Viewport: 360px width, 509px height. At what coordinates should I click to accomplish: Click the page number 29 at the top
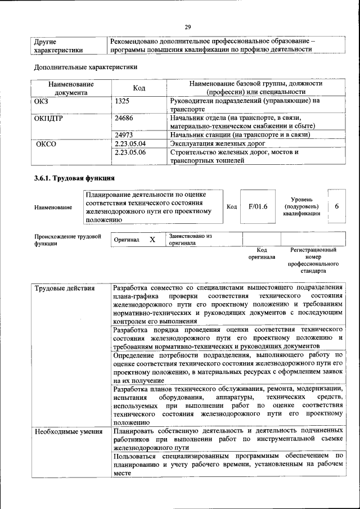(188, 27)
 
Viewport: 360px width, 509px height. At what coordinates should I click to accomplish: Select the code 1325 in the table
(123, 101)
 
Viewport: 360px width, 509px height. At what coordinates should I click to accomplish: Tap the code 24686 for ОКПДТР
(124, 118)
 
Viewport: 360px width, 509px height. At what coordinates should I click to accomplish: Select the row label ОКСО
(46, 143)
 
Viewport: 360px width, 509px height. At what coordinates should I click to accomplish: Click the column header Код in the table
(139, 88)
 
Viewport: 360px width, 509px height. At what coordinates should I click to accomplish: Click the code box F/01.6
(258, 206)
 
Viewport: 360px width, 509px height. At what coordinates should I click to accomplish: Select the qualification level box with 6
(336, 206)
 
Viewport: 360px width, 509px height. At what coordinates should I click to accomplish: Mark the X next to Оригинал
(152, 240)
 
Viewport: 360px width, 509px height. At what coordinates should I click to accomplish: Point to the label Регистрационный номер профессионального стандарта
(313, 259)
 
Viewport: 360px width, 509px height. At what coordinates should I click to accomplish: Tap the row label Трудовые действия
(57, 289)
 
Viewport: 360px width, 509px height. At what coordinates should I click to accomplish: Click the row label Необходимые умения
(60, 432)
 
